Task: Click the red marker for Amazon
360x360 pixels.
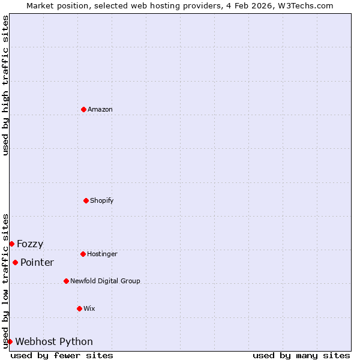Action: pos(83,109)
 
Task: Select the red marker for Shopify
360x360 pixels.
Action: pos(86,200)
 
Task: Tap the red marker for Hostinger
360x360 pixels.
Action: pos(83,254)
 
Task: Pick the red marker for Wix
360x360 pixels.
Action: pos(79,308)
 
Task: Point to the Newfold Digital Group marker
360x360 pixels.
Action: pos(66,281)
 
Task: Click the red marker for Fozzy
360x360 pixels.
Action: pos(11,244)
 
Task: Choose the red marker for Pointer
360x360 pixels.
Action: pos(15,262)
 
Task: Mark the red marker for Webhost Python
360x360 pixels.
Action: pos(10,341)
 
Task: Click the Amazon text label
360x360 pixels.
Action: pos(100,109)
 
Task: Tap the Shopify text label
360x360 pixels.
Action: pos(102,200)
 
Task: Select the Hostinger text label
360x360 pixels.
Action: pos(102,254)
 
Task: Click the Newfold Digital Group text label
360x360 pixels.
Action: pos(105,281)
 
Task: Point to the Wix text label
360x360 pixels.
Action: pos(89,308)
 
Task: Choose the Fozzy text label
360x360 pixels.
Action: pos(30,244)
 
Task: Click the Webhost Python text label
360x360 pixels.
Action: pos(54,342)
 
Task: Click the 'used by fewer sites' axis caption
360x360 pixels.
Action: pos(62,355)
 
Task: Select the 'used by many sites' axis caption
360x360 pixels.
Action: pos(301,355)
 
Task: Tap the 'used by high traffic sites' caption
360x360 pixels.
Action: pos(5,85)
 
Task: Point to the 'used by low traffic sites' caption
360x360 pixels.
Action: pos(5,281)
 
